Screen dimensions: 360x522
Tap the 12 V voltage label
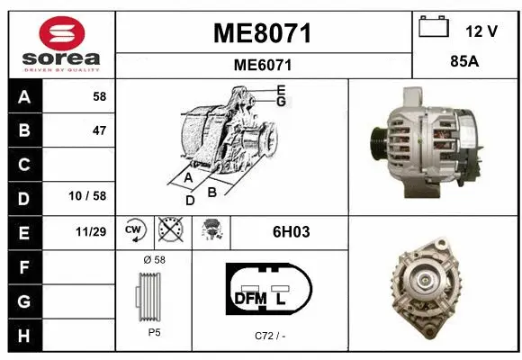point(481,31)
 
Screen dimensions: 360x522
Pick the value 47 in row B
point(99,130)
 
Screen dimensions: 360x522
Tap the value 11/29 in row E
point(92,231)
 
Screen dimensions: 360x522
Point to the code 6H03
point(291,231)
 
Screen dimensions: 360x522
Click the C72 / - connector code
point(269,337)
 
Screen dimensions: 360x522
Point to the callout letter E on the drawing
point(281,90)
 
